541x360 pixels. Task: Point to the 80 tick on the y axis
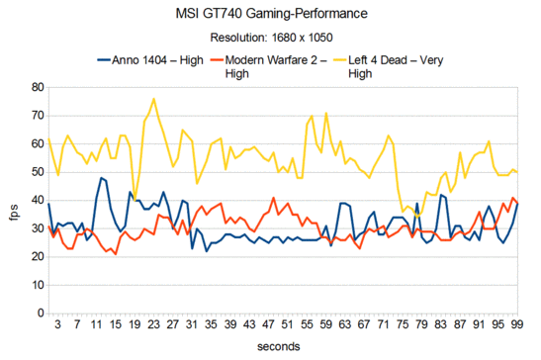click(x=32, y=88)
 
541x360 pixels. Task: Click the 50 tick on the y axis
click(x=32, y=172)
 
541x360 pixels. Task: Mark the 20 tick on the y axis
click(x=32, y=256)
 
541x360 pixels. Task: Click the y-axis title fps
click(x=13, y=201)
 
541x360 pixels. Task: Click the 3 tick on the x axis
click(x=57, y=324)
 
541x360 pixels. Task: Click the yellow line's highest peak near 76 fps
click(x=153, y=99)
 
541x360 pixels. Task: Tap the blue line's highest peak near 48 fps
click(x=101, y=178)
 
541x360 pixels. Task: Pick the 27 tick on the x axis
click(x=171, y=324)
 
